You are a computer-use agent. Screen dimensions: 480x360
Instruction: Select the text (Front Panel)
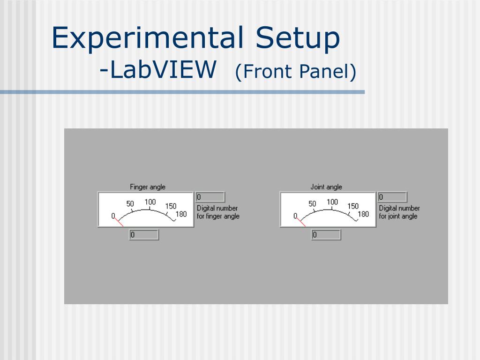coord(296,72)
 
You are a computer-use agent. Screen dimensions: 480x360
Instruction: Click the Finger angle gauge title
coord(148,187)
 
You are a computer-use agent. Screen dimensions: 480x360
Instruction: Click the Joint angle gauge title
coord(326,187)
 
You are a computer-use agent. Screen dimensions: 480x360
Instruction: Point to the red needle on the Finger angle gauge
coord(119,222)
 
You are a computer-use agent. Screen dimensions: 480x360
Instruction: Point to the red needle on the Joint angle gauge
coord(301,222)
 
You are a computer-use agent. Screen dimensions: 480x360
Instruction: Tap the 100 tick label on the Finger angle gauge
coord(150,202)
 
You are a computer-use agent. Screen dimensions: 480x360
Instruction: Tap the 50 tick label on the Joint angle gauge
coord(312,204)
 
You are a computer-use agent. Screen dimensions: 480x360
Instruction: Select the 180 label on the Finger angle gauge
coord(181,214)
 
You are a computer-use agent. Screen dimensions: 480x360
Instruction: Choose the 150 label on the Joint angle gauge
coord(353,206)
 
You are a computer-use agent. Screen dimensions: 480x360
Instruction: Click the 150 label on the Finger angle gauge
coord(171,206)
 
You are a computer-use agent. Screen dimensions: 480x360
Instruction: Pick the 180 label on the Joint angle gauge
coord(363,214)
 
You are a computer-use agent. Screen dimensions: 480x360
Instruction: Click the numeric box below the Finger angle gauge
coord(144,235)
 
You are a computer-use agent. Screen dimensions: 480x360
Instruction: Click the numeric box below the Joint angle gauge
coord(326,235)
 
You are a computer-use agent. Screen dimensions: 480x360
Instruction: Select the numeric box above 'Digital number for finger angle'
coord(210,197)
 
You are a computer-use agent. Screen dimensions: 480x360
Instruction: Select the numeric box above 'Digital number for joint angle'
coord(393,197)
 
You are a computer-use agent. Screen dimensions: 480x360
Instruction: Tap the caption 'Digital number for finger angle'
coord(218,212)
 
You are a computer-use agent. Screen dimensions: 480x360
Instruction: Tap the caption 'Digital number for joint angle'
coord(399,212)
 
